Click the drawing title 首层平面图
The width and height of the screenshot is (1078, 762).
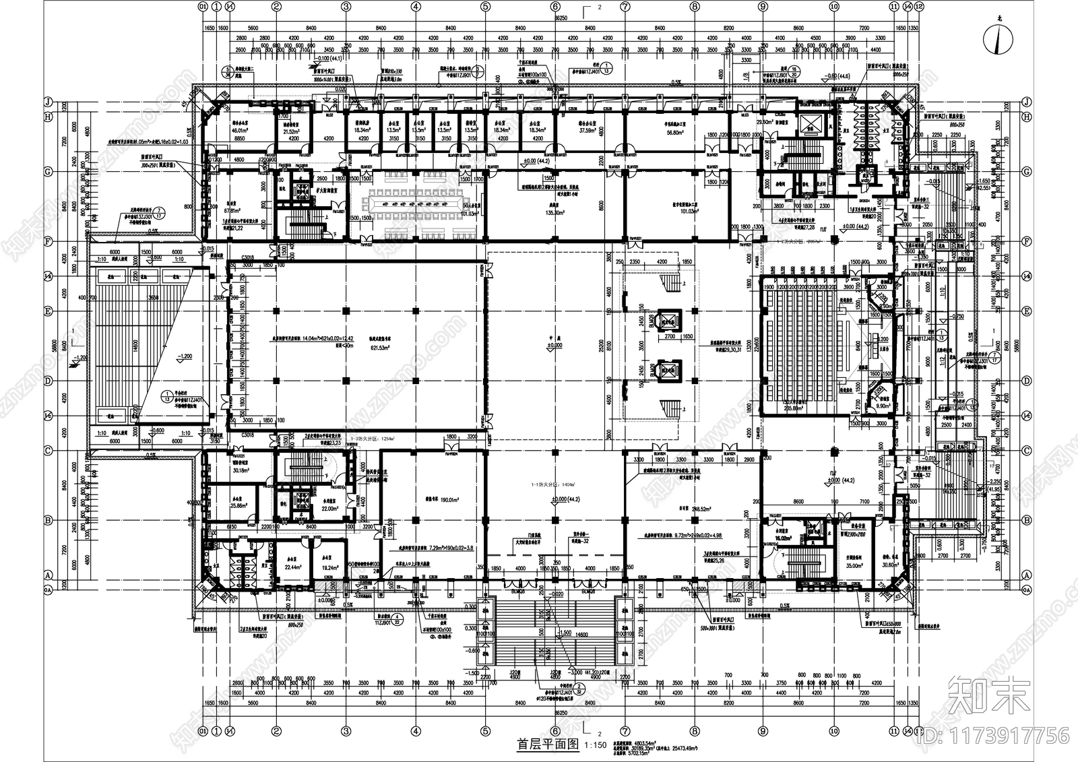548,745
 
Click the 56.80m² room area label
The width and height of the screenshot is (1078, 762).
674,133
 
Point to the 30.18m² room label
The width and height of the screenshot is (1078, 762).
241,471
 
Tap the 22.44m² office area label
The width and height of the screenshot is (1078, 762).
292,567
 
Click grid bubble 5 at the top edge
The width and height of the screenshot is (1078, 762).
485,7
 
